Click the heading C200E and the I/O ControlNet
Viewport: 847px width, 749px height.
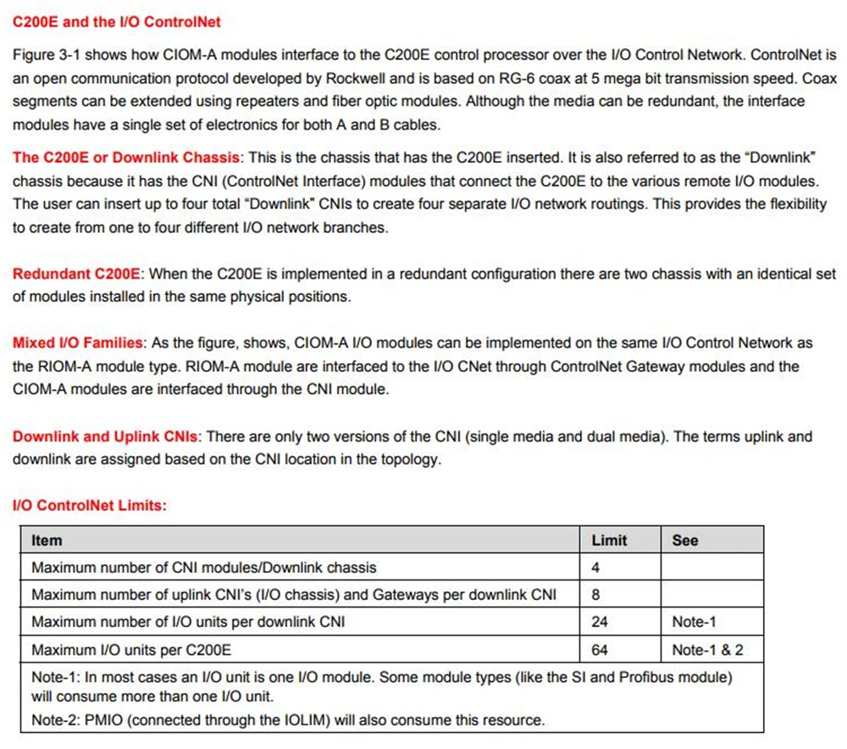click(117, 21)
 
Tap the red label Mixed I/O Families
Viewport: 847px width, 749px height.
click(78, 343)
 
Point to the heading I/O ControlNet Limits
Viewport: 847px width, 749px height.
click(89, 506)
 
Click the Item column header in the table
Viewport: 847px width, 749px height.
click(47, 540)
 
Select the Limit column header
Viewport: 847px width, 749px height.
click(609, 540)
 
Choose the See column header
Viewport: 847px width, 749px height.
click(685, 540)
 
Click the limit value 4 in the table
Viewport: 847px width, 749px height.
click(595, 567)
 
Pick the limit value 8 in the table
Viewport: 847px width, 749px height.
click(595, 595)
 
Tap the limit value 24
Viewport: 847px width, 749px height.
click(600, 622)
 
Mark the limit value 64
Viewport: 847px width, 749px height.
click(600, 650)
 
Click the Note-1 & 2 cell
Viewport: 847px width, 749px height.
click(707, 650)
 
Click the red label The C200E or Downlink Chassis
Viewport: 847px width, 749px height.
click(127, 158)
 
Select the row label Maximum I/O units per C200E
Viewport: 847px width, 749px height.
click(131, 650)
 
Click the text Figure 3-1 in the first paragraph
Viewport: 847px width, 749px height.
click(44, 55)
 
